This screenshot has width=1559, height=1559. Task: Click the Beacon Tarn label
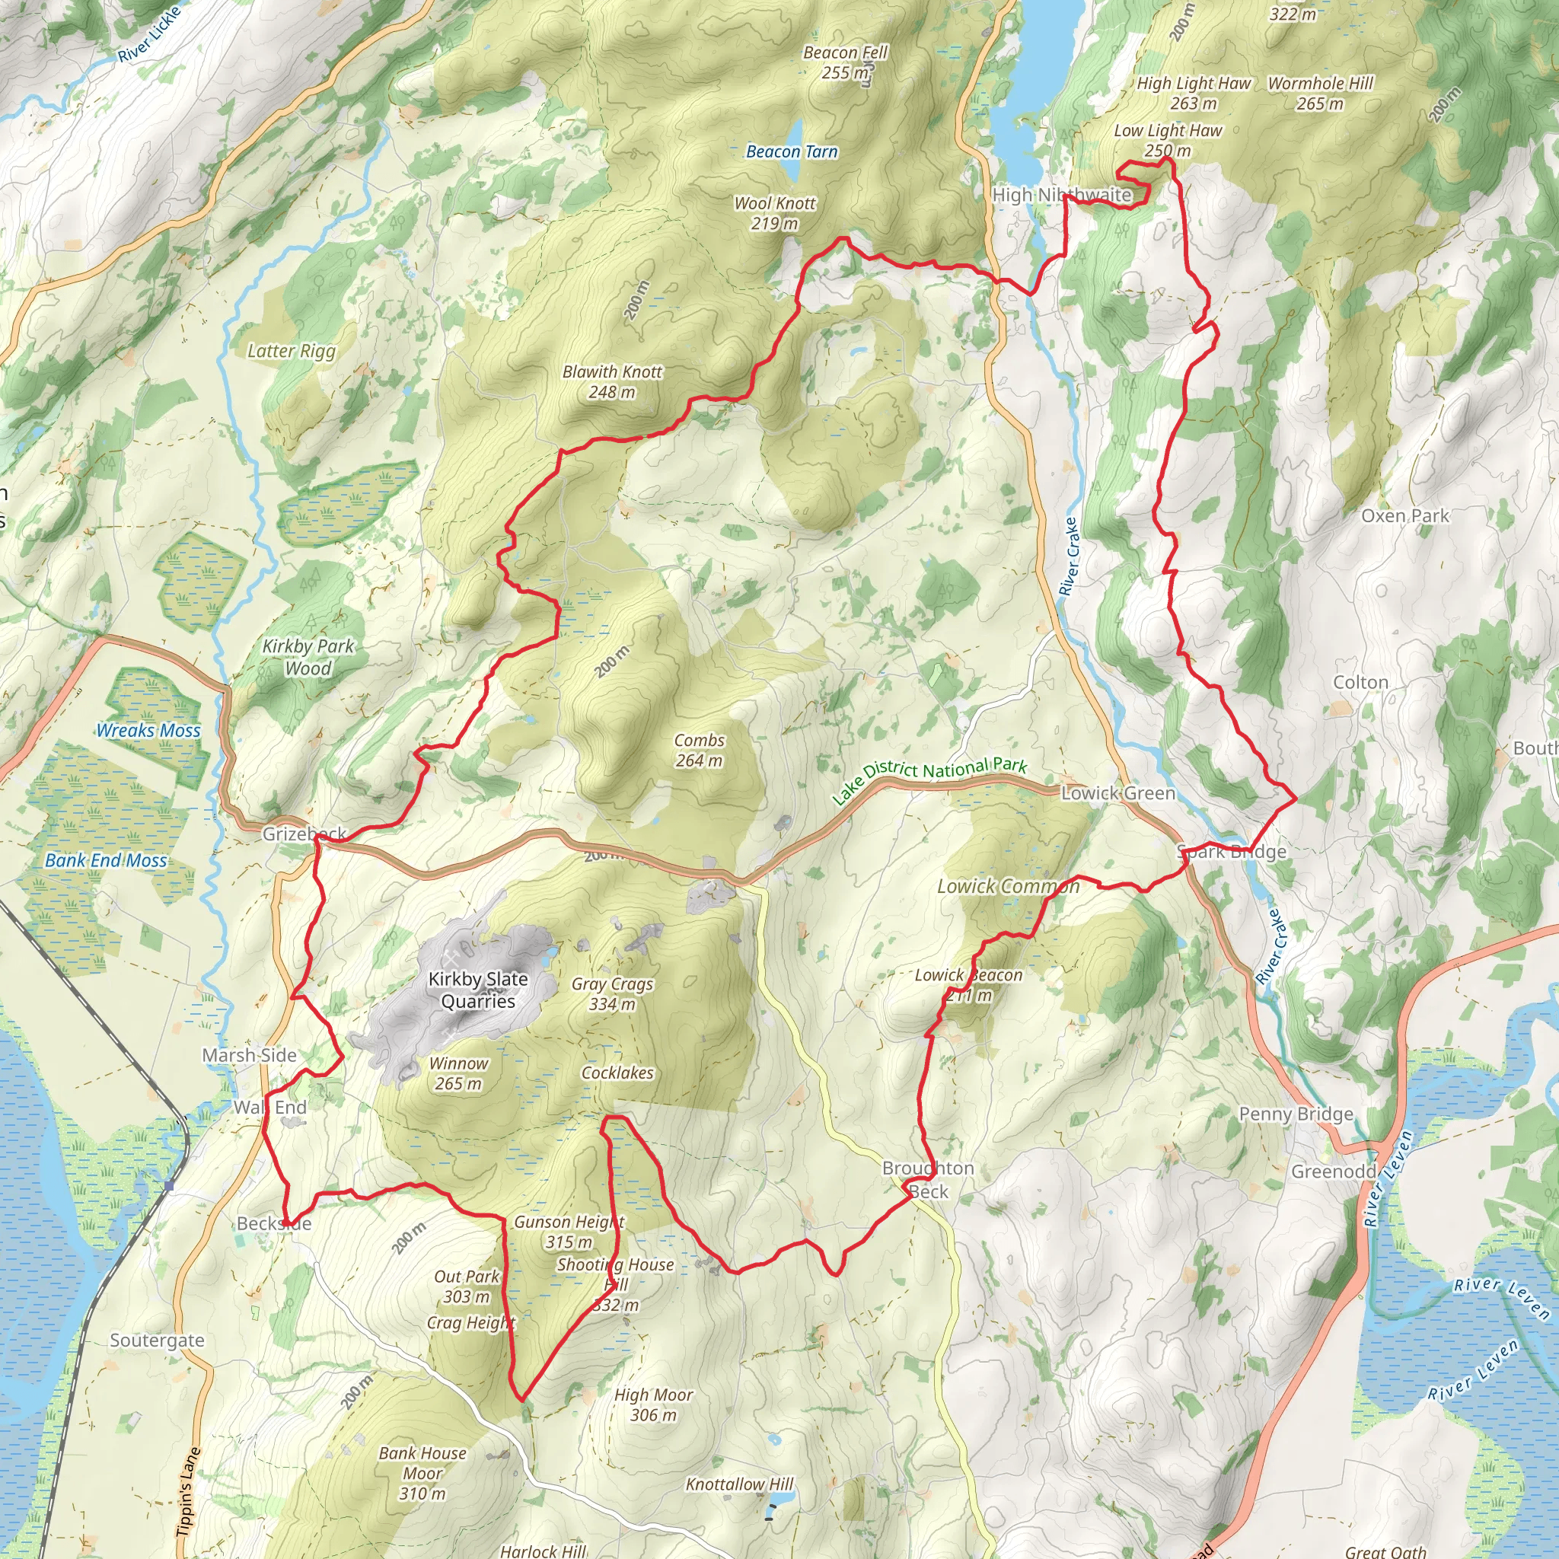[x=792, y=151]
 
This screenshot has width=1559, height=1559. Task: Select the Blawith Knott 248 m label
[x=612, y=381]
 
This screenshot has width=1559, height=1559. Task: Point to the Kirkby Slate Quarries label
[x=478, y=990]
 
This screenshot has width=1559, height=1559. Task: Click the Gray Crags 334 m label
[x=612, y=993]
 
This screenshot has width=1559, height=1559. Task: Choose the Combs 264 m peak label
[x=699, y=750]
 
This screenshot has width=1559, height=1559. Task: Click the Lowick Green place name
[x=1117, y=793]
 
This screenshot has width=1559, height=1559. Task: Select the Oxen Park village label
[x=1405, y=515]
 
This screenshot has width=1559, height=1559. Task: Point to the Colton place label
[x=1360, y=683]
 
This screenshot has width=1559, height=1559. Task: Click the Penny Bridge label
[x=1296, y=1114]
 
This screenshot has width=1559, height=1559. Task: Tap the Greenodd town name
[x=1333, y=1171]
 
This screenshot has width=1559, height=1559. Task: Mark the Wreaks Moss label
[x=148, y=730]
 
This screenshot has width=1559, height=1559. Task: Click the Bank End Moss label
[x=106, y=860]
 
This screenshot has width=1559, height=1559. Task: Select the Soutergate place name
[x=158, y=1341]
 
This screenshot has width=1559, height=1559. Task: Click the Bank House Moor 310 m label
[x=422, y=1473]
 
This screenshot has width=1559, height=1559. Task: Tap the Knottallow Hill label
[x=739, y=1484]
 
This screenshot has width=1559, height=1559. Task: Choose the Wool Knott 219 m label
[x=775, y=213]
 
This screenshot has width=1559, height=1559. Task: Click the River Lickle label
[x=150, y=35]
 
